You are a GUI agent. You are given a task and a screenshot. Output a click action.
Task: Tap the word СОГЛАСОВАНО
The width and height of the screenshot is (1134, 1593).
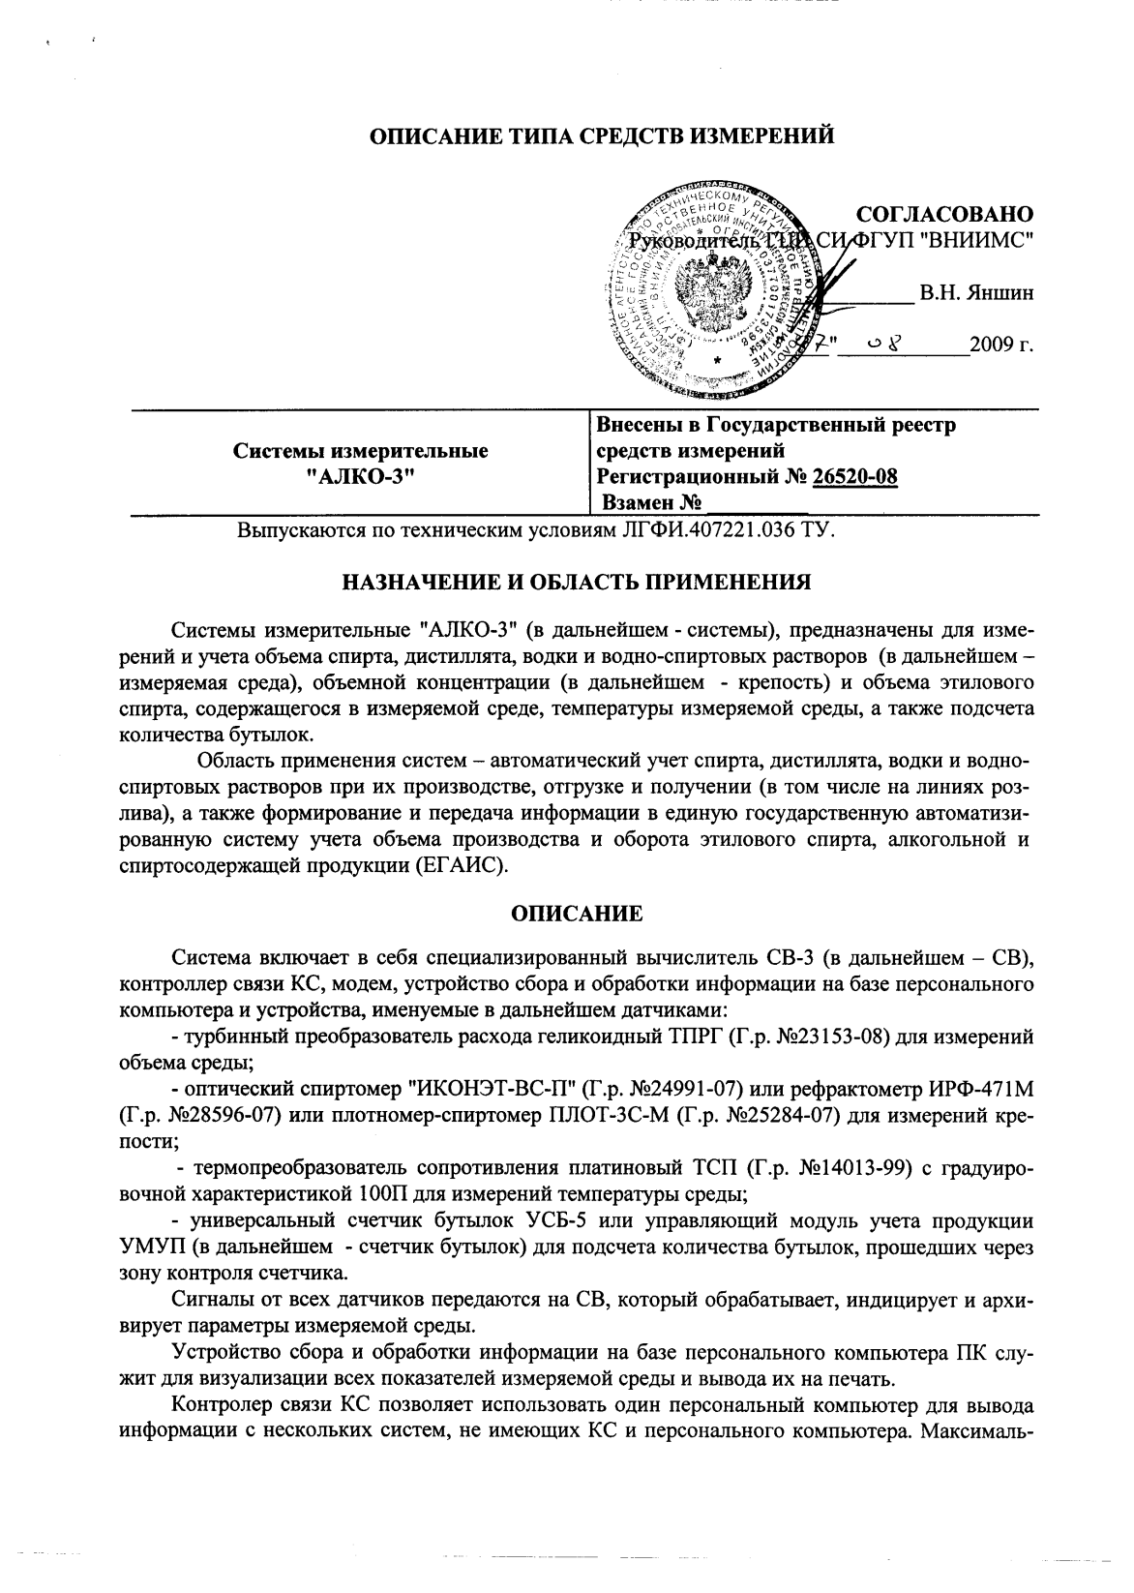pos(945,214)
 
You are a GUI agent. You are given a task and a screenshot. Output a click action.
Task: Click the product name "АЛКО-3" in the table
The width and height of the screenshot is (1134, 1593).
pos(360,476)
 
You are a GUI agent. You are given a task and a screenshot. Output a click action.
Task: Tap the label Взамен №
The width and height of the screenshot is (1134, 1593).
pos(651,503)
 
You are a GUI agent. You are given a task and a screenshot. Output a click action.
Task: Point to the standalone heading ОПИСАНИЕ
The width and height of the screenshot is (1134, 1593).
pos(577,914)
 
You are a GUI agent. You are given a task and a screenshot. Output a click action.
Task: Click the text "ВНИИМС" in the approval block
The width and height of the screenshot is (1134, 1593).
pos(979,240)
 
